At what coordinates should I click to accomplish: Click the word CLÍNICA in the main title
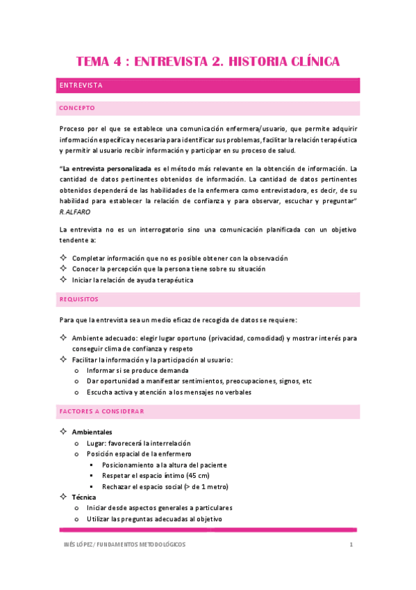tap(304, 62)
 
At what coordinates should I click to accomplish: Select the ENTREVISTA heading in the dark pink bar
tap(81, 86)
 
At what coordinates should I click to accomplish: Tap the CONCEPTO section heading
tap(77, 109)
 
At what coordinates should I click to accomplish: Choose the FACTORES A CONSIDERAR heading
tap(101, 411)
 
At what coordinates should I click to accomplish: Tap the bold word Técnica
tap(85, 497)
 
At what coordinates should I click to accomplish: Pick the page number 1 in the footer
tap(352, 544)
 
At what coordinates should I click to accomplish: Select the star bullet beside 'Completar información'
tap(63, 258)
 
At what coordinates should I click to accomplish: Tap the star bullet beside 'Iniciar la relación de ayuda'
tap(63, 280)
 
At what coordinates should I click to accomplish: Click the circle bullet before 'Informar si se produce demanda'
tap(76, 370)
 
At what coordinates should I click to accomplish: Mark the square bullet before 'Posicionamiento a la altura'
tap(91, 465)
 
